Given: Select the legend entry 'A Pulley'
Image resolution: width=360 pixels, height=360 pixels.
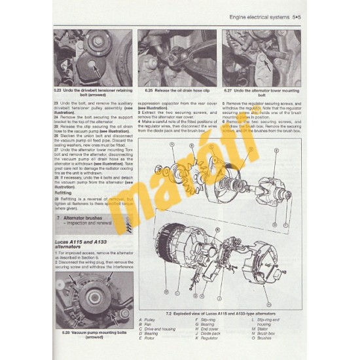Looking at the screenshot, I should [149, 318].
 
